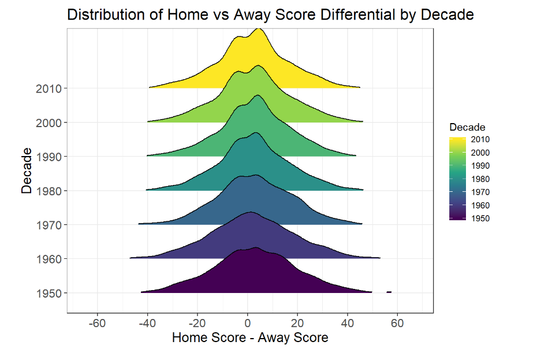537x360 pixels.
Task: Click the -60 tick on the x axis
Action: pos(97,322)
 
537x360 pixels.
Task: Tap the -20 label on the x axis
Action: pos(197,322)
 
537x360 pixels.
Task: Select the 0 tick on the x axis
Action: pos(247,322)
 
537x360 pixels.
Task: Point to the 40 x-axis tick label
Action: pos(347,322)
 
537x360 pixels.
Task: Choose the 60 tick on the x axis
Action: pos(397,322)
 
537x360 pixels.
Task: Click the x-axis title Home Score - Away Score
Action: pos(250,337)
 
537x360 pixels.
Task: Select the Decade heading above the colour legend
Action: pos(467,127)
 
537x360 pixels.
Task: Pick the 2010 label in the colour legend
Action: pos(480,139)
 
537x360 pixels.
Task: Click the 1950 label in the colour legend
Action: pos(480,218)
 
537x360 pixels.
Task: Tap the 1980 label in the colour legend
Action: pos(480,179)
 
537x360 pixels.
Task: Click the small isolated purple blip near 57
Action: pos(389,292)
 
